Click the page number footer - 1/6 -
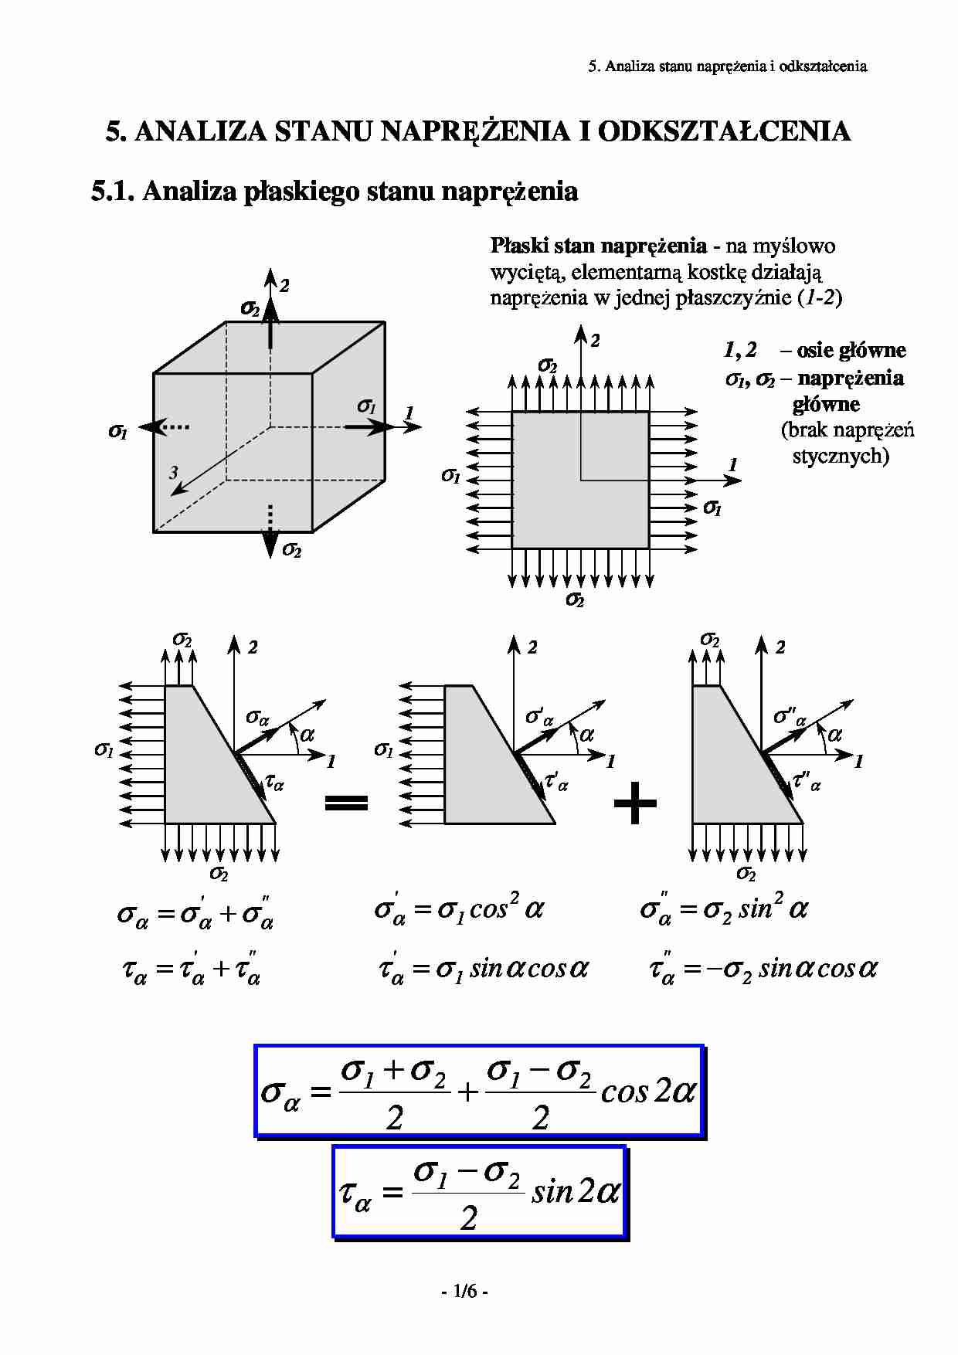coord(464,1291)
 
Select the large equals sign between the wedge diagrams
coord(346,803)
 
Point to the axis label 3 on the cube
coord(174,473)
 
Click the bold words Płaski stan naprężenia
coord(598,246)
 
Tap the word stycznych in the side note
coord(841,456)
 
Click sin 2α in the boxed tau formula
coord(576,1192)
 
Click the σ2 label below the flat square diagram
coord(575,599)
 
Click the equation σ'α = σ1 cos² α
coord(459,909)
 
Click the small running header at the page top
coord(727,66)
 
